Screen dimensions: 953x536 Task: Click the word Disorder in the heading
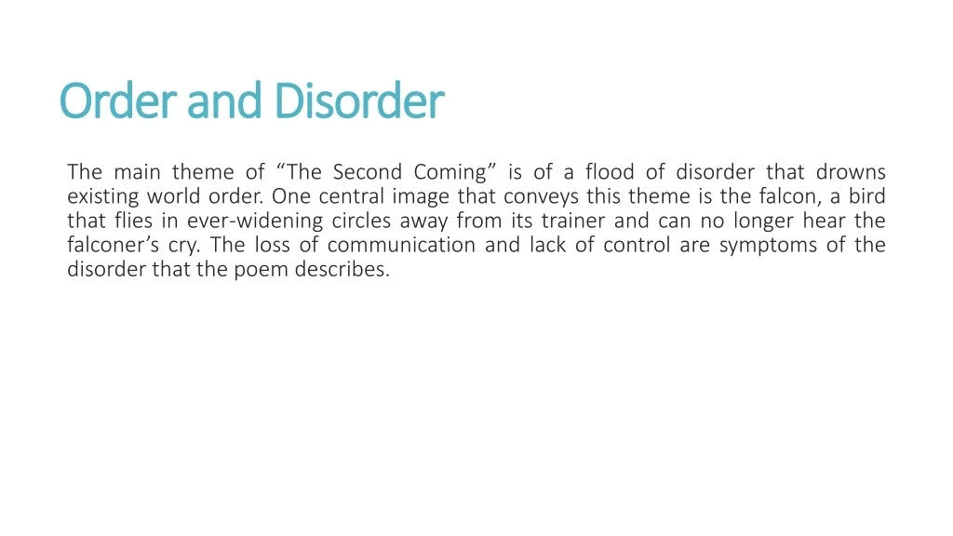tap(359, 100)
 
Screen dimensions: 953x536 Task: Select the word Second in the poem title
tap(367, 172)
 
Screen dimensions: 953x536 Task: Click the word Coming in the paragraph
tap(450, 173)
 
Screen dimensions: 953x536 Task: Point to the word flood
tap(610, 172)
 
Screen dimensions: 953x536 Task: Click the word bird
tap(867, 196)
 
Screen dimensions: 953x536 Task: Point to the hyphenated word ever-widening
tap(255, 221)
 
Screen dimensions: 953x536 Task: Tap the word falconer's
tap(113, 245)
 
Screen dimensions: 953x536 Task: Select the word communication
tap(401, 245)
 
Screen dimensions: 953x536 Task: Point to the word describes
tap(342, 269)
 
